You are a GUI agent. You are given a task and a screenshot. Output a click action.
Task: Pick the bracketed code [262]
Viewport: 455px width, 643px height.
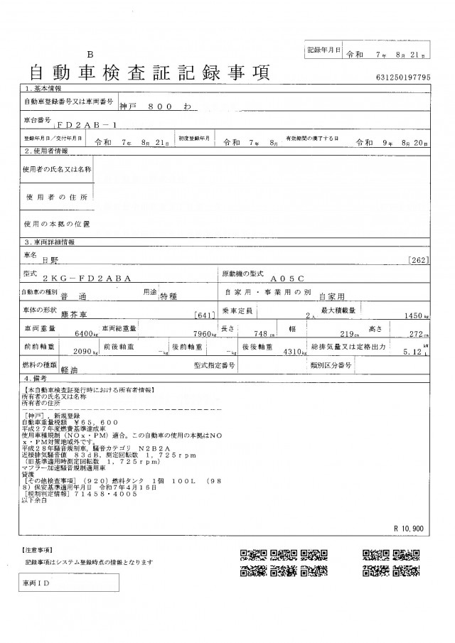(419, 261)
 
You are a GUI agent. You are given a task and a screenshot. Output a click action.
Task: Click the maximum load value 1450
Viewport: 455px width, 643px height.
(414, 315)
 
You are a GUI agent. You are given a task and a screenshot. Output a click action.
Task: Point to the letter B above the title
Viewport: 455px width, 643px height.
(90, 55)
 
